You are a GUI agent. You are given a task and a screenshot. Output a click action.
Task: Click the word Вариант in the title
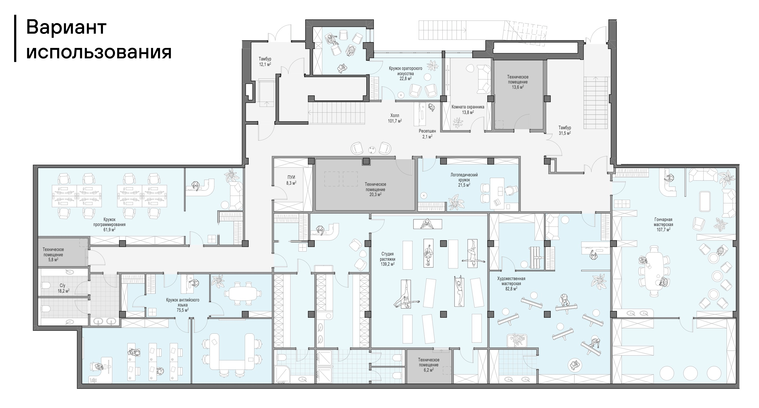66,27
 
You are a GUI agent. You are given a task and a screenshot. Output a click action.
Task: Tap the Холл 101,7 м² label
395,118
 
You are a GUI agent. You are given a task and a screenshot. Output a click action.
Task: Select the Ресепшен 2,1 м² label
427,134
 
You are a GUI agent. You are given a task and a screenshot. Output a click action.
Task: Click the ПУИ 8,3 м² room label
291,180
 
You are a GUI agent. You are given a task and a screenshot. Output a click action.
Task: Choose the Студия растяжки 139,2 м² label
387,259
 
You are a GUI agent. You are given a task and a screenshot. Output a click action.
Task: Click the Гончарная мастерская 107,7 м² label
663,224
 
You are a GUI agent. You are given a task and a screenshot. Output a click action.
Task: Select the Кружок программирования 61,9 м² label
109,224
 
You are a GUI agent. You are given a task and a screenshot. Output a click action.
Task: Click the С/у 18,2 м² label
63,288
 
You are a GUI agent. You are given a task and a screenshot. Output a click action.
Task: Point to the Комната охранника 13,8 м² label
468,110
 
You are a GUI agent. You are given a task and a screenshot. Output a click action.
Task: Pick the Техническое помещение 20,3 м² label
375,189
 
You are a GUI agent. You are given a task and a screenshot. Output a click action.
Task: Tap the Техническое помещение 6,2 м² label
429,365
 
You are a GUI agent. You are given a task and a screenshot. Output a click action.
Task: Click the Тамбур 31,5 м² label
565,130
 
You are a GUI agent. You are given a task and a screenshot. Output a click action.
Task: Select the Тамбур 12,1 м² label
265,62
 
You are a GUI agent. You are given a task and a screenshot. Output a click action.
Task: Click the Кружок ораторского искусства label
405,73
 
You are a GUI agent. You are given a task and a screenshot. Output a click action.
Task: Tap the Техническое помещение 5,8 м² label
53,255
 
